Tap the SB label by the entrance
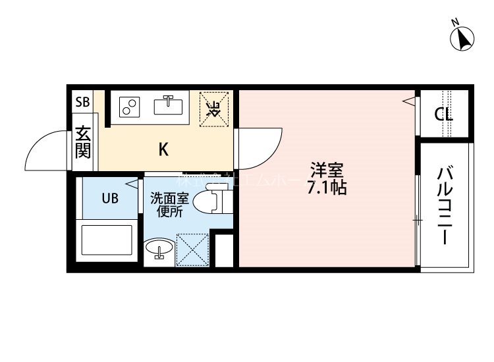pos(82,102)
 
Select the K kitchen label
pos(163,149)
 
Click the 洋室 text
pos(327,169)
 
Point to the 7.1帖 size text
pos(327,187)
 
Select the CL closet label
pos(443,114)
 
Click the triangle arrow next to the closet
pos(409,101)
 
